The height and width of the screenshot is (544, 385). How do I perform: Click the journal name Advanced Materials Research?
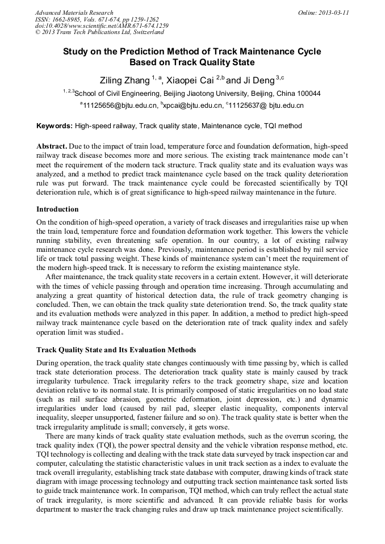tap(74, 12)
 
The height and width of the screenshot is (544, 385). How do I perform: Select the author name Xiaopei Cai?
tap(191, 80)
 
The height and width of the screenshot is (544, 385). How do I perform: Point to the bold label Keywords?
tap(55, 126)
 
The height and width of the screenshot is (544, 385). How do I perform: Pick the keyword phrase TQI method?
tap(282, 126)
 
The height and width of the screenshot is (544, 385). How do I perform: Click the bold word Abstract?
tap(52, 146)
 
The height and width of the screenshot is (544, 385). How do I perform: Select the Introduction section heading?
tap(57, 209)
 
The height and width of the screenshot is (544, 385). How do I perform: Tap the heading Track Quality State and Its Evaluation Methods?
tap(116, 349)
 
